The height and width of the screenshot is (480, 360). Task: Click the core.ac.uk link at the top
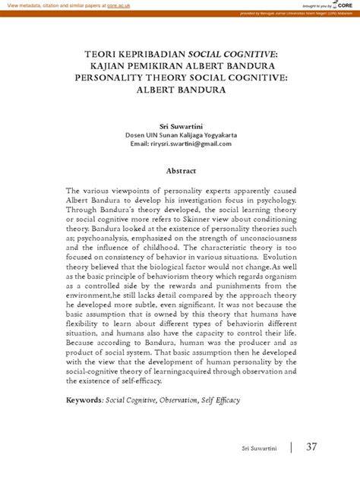click(x=118, y=5)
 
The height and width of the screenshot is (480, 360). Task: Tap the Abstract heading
click(x=181, y=171)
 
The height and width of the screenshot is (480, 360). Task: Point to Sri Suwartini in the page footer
click(x=260, y=449)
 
